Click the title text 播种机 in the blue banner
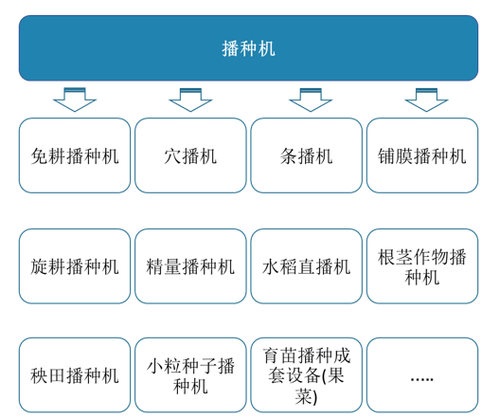[248, 49]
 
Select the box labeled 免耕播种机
[75, 155]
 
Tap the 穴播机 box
[190, 155]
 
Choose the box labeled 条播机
[307, 155]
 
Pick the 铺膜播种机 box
[422, 155]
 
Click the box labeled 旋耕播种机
[75, 266]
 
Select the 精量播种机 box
[190, 266]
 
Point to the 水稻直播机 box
[307, 266]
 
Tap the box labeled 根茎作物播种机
[422, 266]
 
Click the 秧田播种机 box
[75, 375]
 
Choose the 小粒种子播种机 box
[190, 375]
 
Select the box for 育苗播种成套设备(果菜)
[307, 375]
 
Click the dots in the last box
[422, 379]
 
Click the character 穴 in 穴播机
[173, 156]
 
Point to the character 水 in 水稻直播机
[271, 266]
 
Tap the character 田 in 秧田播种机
[58, 375]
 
